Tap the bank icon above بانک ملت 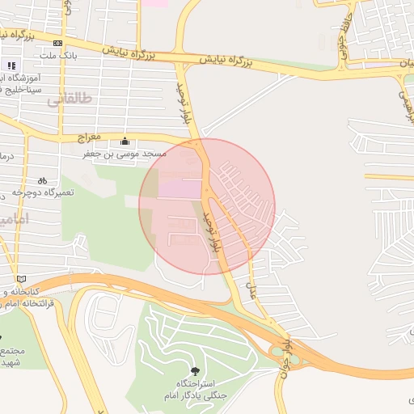tap(57, 43)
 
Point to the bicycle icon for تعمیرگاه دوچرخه tap(41, 181)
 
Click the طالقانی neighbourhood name tap(70, 99)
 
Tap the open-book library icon tap(20, 279)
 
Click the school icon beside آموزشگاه tap(11, 65)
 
